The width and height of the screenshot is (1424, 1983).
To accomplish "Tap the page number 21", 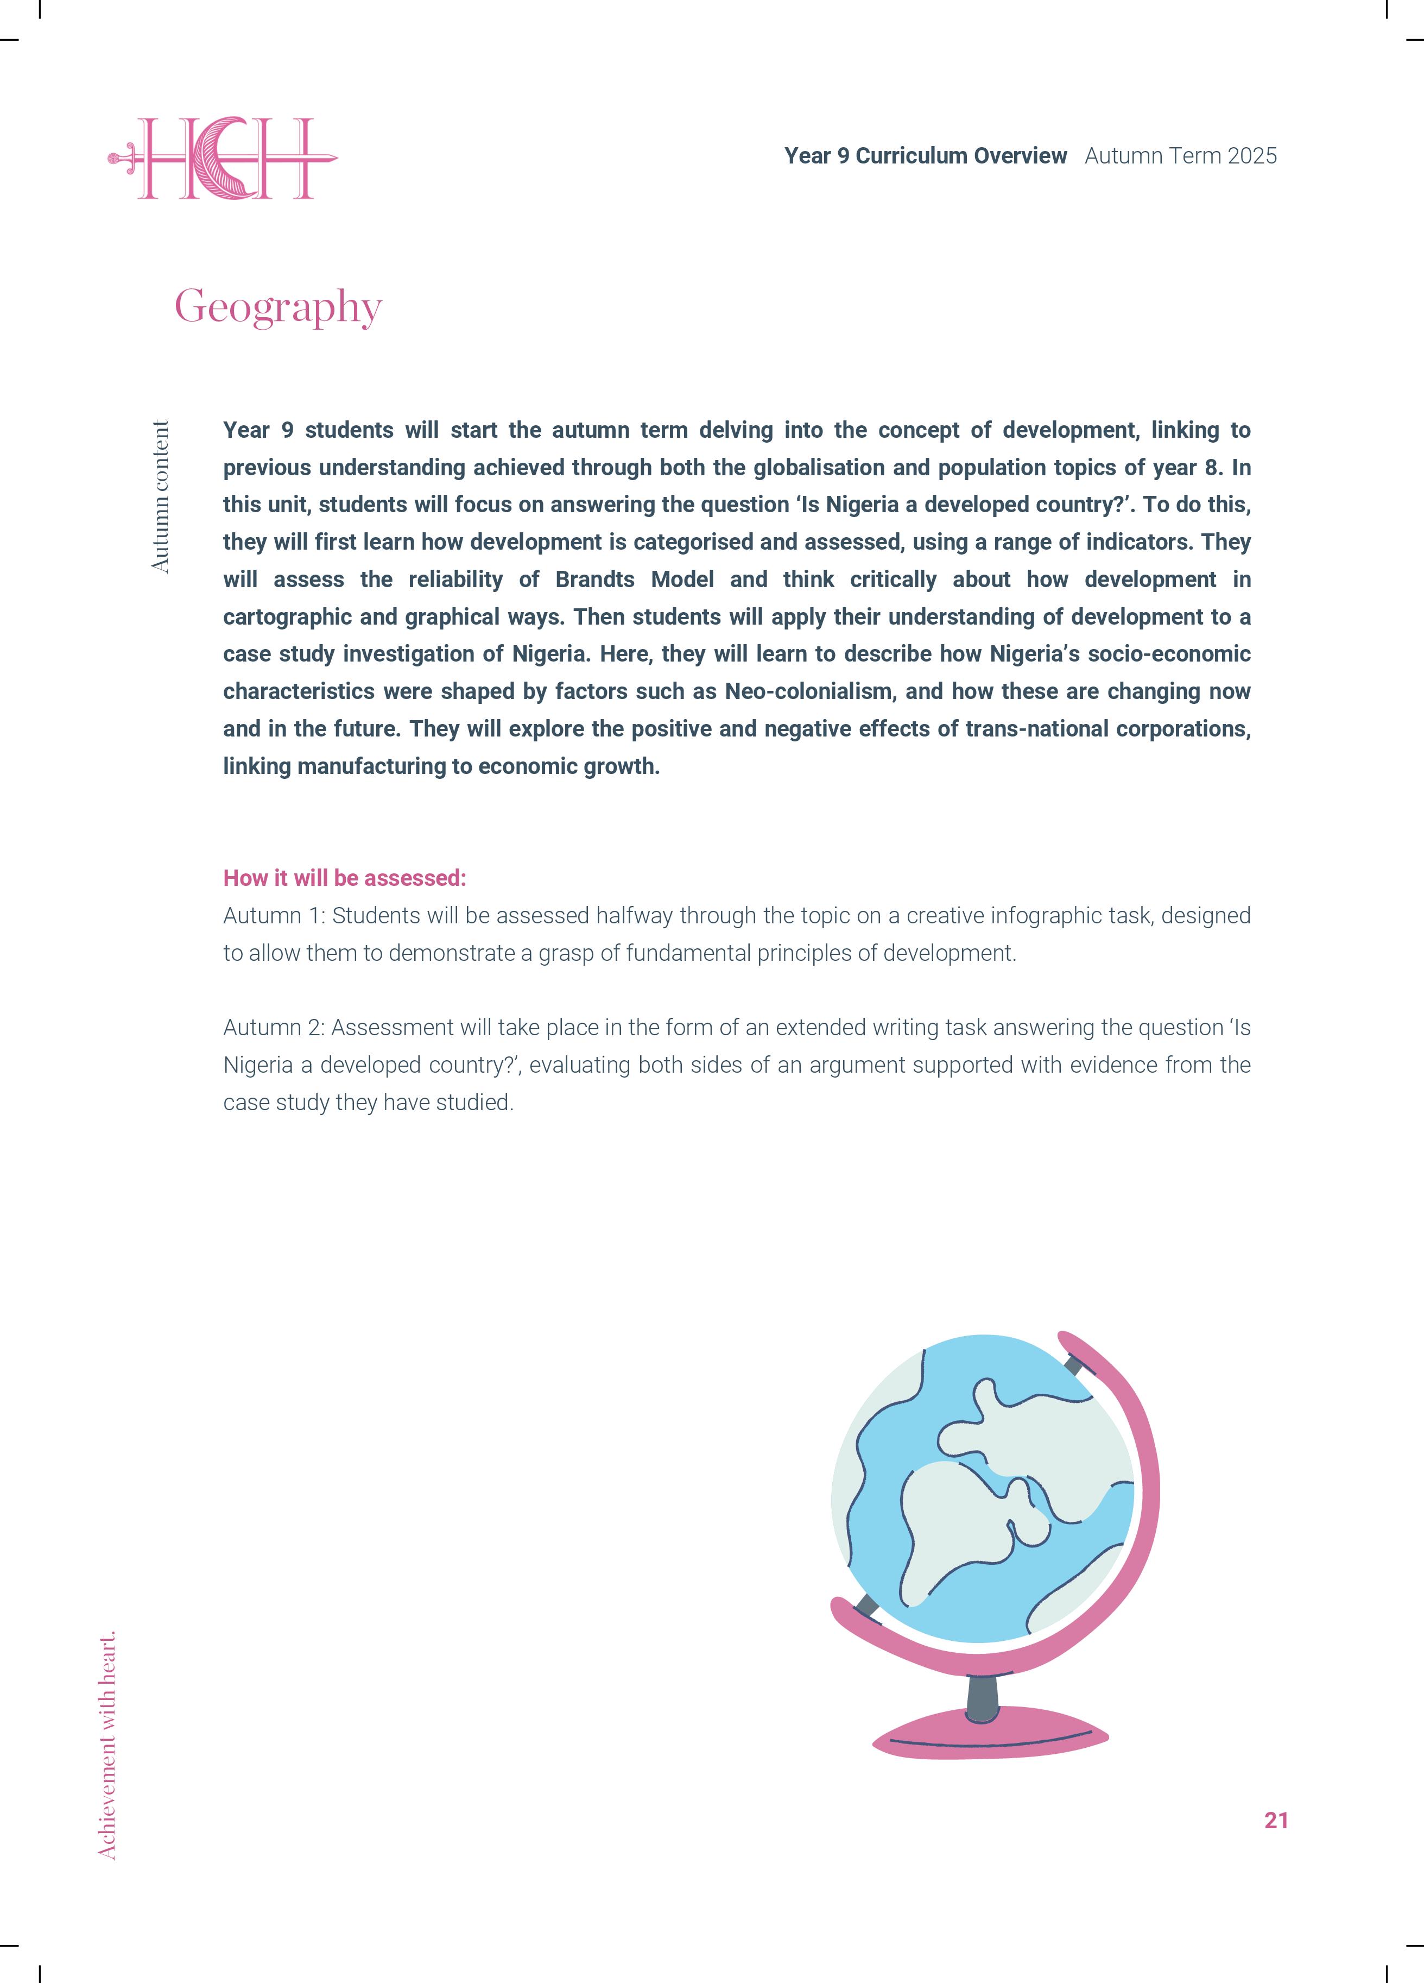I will point(1275,1820).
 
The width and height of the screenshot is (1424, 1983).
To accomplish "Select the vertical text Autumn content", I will point(160,496).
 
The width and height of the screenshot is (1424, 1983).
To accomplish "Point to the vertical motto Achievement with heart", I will point(106,1745).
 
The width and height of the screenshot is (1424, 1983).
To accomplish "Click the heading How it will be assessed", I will point(344,878).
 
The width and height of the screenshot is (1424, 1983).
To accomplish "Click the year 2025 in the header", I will point(1252,156).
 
